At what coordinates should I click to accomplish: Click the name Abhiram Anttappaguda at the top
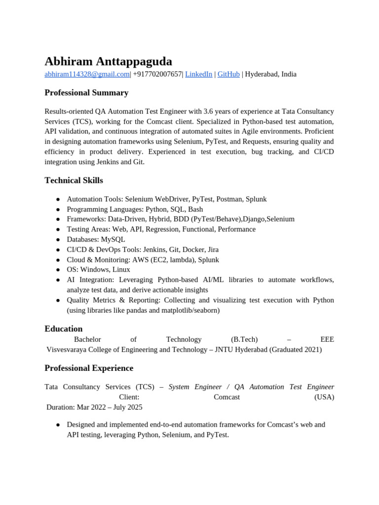(x=108, y=62)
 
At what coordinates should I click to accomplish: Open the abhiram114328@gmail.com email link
(x=87, y=74)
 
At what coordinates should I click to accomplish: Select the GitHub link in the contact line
(x=228, y=74)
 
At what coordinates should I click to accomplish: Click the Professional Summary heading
(x=86, y=93)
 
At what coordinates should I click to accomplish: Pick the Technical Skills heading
(x=74, y=180)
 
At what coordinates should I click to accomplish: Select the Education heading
(x=63, y=329)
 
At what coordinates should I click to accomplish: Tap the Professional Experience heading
(x=89, y=368)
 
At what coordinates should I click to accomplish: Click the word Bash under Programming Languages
(x=195, y=209)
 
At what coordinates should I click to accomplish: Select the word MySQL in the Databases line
(x=113, y=239)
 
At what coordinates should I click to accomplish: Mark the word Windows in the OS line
(x=95, y=270)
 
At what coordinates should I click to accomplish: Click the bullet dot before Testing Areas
(x=58, y=229)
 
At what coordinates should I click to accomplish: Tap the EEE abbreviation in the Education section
(x=327, y=339)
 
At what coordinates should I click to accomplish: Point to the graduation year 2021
(x=311, y=350)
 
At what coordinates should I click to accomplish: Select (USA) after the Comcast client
(x=324, y=397)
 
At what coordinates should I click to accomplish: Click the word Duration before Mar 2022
(x=60, y=407)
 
